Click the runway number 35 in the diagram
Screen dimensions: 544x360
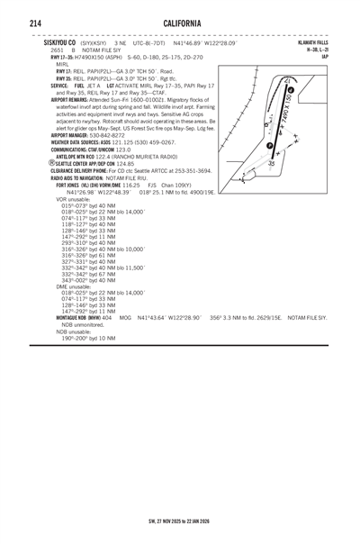[x=270, y=163]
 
